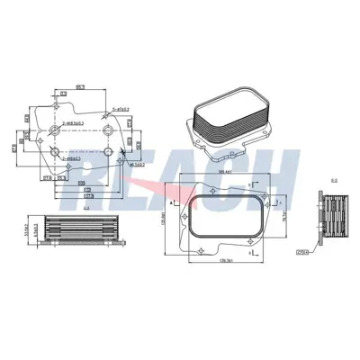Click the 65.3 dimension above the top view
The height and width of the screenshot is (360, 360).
[x=80, y=86]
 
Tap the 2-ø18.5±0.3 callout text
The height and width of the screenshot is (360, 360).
[x=71, y=121]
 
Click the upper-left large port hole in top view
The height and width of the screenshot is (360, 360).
[x=56, y=130]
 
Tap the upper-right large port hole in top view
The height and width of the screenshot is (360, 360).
[x=105, y=131]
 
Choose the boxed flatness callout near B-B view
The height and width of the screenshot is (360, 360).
[x=301, y=254]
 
